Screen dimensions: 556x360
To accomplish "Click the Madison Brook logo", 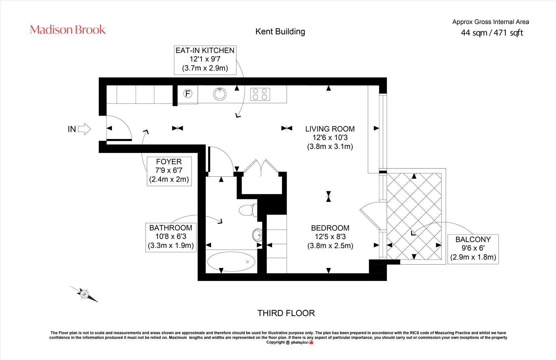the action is (68, 30).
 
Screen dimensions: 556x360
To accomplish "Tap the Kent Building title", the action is (280, 32).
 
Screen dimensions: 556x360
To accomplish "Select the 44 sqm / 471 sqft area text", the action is (492, 33).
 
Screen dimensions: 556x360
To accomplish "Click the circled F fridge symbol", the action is (188, 94).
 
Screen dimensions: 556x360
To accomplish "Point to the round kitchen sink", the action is (220, 94).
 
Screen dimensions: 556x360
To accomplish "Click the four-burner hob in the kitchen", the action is (260, 94).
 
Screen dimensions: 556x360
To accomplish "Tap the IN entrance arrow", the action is (84, 129).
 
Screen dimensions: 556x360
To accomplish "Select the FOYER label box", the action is (169, 171).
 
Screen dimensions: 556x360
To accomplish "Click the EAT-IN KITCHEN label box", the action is (205, 60).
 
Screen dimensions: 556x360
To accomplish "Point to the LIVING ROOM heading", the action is (330, 129).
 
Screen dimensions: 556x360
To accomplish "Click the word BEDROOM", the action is (330, 228).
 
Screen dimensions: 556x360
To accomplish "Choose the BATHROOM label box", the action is (171, 238).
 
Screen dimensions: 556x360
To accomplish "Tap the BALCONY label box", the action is (473, 249).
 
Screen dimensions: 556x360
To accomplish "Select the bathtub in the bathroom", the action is (231, 262).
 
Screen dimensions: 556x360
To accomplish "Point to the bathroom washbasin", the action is (257, 235).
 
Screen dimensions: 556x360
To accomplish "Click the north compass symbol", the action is (84, 294).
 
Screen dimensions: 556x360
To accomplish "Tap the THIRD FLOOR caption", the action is (286, 313).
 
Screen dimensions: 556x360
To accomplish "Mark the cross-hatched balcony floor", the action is (414, 216).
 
